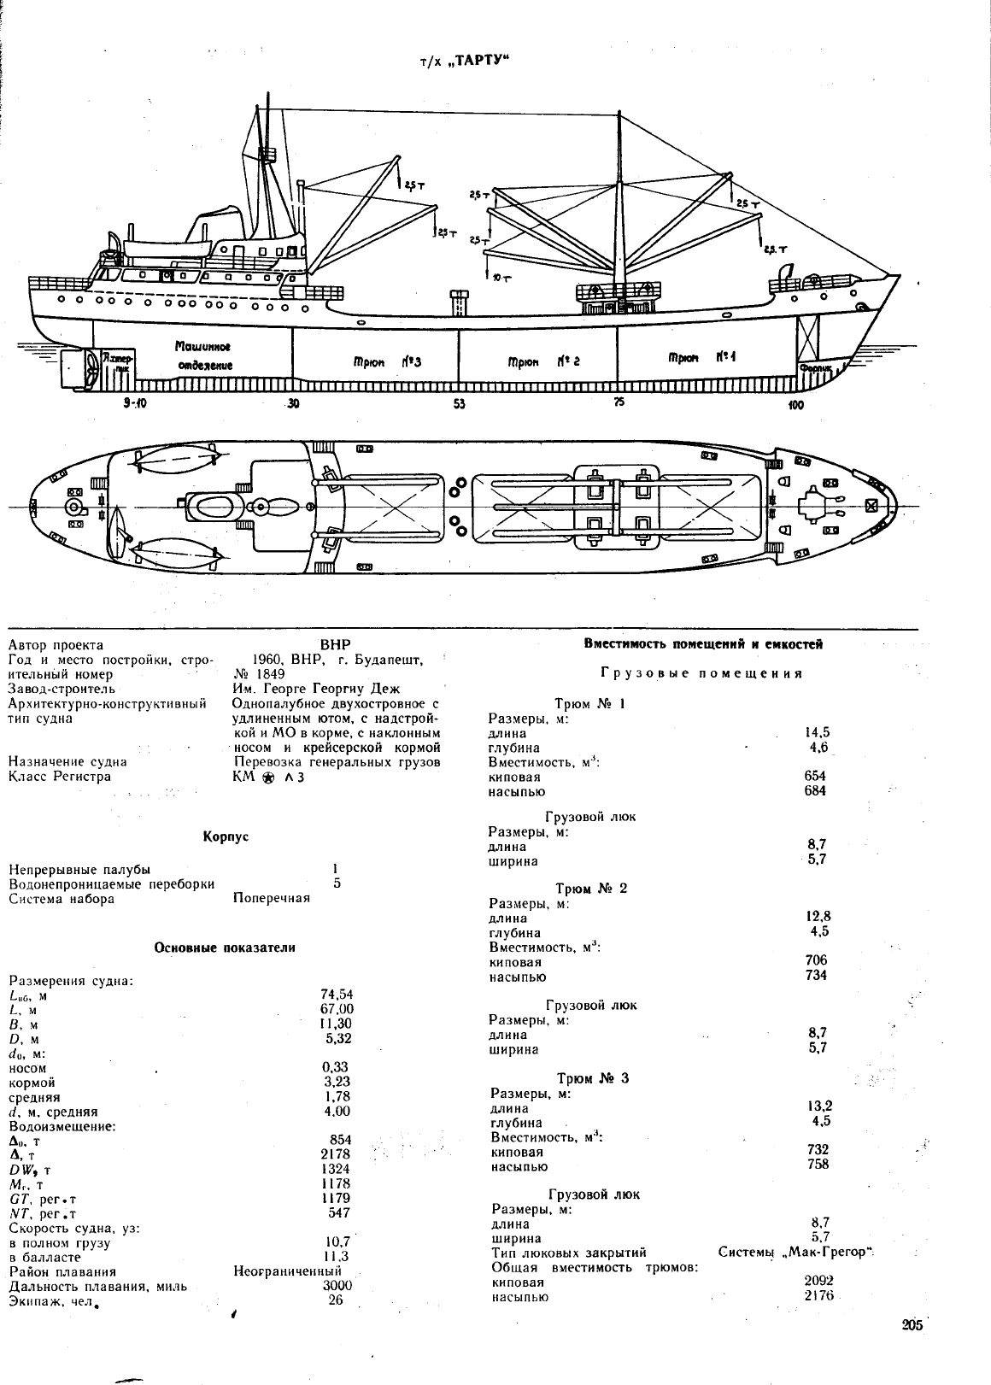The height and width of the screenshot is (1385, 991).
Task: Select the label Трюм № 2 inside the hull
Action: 543,361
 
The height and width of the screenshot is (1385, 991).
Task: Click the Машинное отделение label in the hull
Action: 203,355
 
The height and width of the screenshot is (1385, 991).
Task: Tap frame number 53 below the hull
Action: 459,404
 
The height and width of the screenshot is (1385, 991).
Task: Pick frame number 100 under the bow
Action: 795,405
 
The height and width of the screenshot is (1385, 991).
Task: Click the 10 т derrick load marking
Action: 502,279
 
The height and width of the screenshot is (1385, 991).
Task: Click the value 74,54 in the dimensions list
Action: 337,995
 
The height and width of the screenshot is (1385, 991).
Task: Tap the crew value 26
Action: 335,1300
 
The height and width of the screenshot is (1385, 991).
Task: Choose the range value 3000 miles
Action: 337,1285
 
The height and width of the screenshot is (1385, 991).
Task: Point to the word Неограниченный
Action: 287,1271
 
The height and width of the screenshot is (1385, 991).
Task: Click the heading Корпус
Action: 226,836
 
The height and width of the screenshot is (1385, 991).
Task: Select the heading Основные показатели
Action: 225,948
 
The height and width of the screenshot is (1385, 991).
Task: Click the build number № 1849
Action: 259,674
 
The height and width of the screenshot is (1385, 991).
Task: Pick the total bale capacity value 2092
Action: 819,1280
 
